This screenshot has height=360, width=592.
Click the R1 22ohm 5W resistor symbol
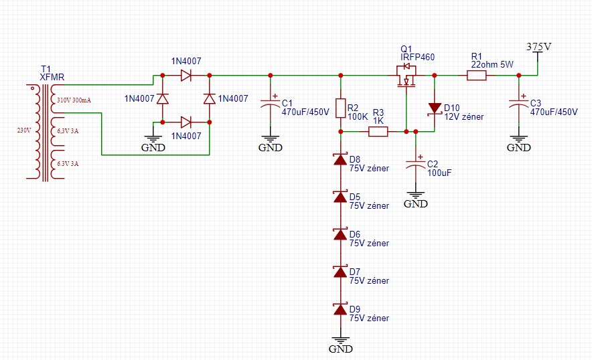pos(476,76)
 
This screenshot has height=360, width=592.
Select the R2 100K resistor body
pos(341,108)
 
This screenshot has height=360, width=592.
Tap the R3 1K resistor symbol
pos(378,131)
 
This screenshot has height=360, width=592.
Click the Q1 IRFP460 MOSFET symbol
pos(406,76)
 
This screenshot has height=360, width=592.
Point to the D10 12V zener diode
pos(435,108)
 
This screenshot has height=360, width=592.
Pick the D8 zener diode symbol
pos(341,160)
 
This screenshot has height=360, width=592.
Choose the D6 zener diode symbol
pos(341,235)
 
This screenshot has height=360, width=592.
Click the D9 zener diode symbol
pos(341,309)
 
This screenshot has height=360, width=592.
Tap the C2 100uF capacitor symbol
pos(416,164)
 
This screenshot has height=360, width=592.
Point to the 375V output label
pos(539,47)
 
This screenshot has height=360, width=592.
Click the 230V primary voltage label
pos(24,130)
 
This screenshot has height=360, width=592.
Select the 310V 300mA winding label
pos(74,100)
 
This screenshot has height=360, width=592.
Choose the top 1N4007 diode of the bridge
pos(186,76)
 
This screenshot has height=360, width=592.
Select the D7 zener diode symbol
pos(341,272)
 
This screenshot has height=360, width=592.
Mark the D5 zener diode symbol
pos(341,197)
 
